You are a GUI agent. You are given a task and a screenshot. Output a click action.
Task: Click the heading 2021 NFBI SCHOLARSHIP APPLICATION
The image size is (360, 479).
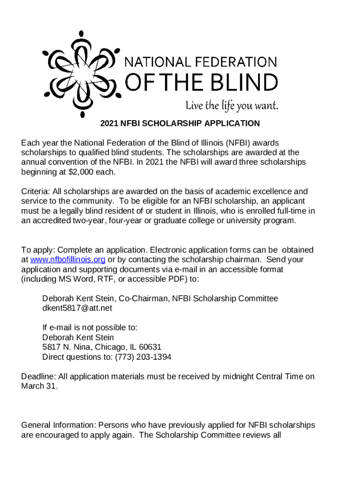pos(180,123)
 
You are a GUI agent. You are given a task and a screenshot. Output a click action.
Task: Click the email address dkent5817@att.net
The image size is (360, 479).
pos(77,308)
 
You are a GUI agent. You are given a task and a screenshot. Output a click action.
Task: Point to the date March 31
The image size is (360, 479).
pos(40,386)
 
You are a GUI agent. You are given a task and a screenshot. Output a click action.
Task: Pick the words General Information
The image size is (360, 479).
pos(58,425)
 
